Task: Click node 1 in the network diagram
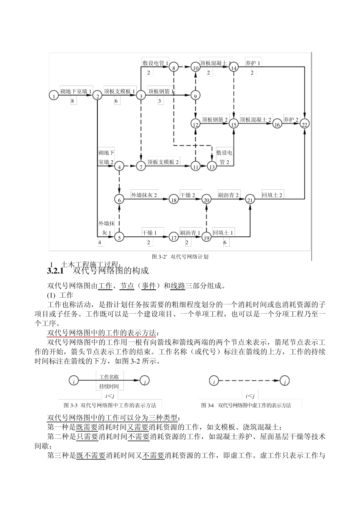tap(54, 96)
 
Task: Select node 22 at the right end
tap(305, 124)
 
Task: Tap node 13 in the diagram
tap(212, 167)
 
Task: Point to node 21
tap(250, 200)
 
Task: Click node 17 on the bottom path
tap(174, 237)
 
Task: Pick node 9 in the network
tap(196, 96)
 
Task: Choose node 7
tap(141, 167)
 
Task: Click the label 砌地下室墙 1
tap(76, 91)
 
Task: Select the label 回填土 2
tap(272, 195)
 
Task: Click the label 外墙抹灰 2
tap(144, 195)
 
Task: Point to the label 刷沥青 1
tap(190, 233)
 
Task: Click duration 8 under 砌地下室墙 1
tap(73, 101)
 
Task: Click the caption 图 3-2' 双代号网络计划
tap(180, 256)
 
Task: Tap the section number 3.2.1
tap(56, 271)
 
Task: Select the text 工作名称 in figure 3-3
tap(109, 377)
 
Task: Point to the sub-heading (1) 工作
tap(60, 295)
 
